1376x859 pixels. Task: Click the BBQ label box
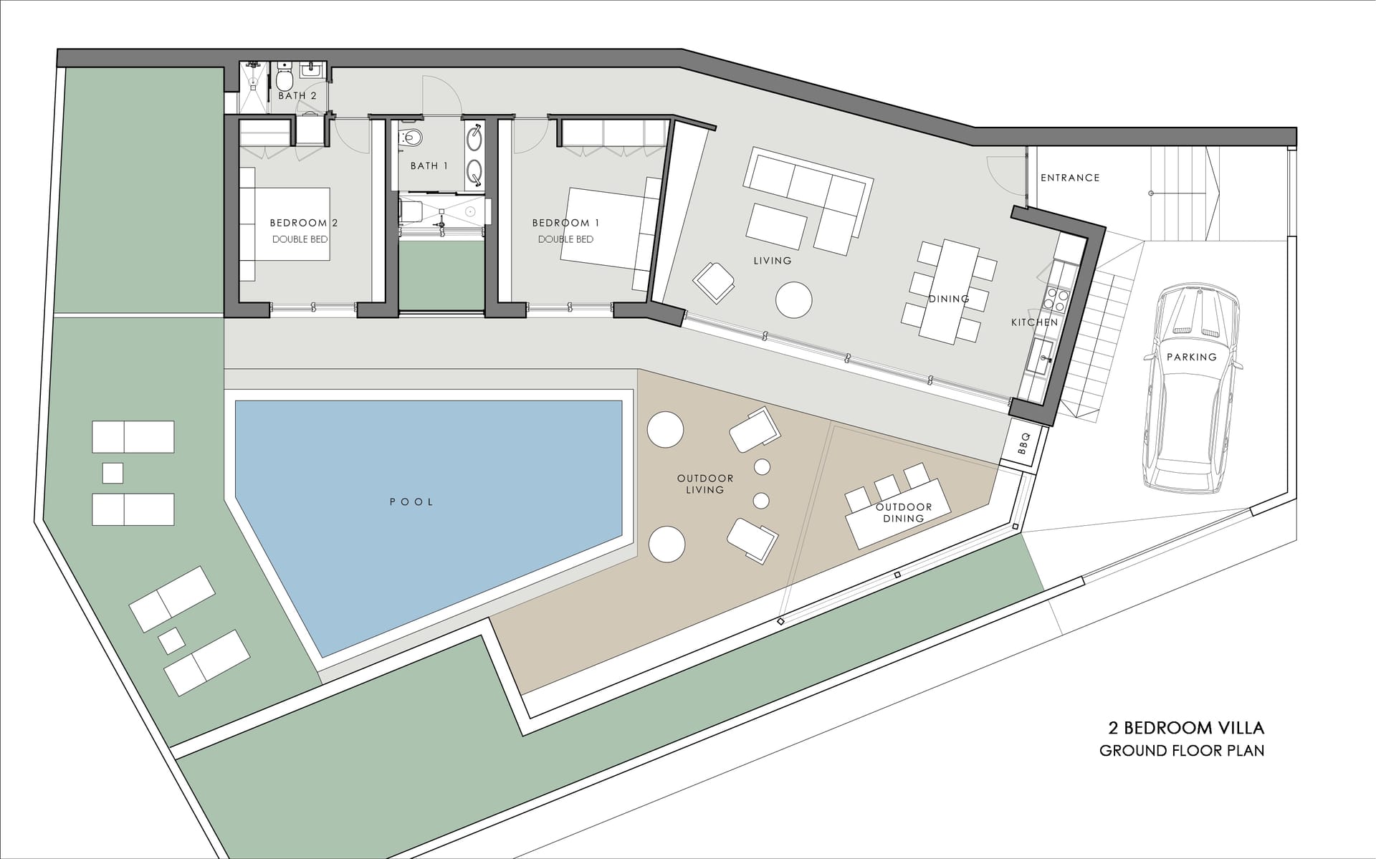coord(1023,443)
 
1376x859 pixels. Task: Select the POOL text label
coord(411,502)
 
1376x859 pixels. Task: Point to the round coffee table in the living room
coord(794,299)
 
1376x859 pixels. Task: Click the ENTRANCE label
coord(1070,178)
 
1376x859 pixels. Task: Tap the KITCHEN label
coord(1034,322)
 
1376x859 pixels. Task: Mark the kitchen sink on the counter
coord(1041,355)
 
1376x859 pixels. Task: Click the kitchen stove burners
coord(1058,299)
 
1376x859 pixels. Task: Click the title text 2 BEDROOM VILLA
coord(1186,729)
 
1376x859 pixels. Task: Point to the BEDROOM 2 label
coord(303,223)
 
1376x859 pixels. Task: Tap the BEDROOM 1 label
coord(565,223)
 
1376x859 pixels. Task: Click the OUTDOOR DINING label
coord(904,512)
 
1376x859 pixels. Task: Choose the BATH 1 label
coord(429,165)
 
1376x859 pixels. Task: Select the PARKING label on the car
coord(1192,357)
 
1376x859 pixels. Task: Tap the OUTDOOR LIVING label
coord(705,484)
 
